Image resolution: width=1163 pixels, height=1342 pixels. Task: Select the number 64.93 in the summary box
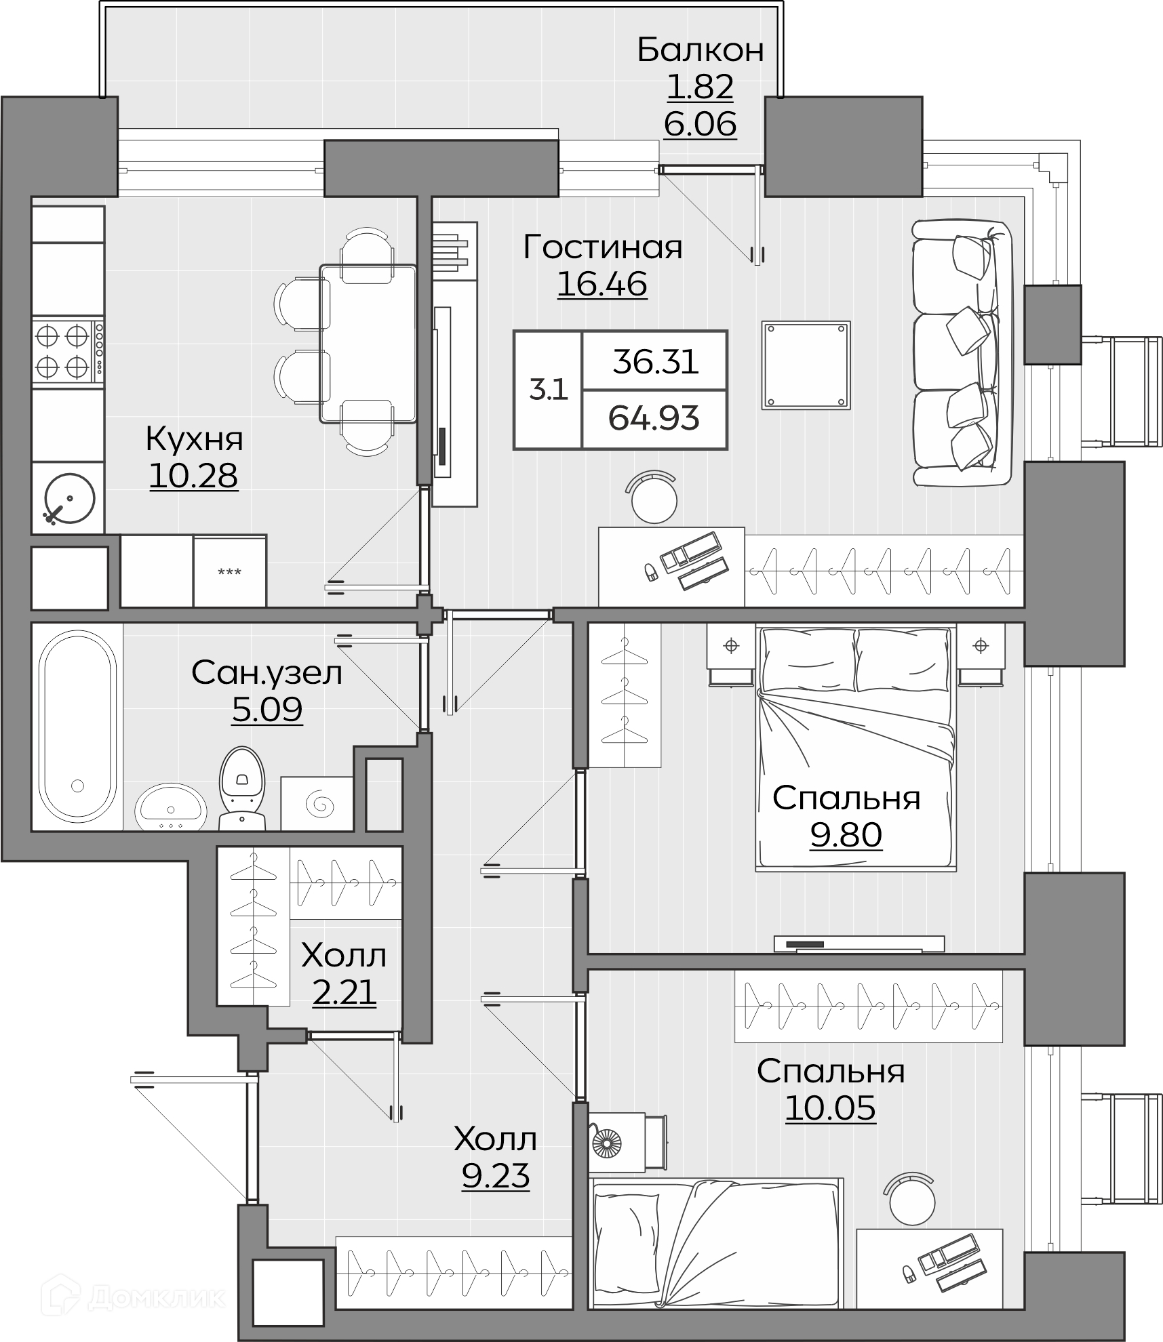click(654, 418)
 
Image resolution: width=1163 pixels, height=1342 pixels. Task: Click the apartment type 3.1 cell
click(548, 390)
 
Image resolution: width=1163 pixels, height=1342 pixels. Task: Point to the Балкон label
click(701, 50)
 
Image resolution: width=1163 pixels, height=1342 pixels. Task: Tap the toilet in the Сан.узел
click(241, 788)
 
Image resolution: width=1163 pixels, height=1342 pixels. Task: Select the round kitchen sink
click(68, 498)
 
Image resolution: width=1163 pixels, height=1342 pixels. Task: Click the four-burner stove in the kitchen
click(68, 352)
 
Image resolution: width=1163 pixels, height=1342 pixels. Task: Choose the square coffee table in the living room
click(806, 365)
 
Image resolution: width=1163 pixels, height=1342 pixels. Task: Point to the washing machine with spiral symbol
click(317, 803)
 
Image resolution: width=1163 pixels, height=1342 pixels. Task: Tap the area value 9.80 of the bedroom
click(846, 834)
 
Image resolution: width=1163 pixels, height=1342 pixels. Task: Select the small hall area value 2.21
click(344, 993)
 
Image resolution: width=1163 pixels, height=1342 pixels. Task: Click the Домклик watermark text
click(156, 1298)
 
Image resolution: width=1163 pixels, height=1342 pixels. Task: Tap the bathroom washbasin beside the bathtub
click(171, 807)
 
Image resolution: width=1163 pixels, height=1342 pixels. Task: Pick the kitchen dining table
click(368, 344)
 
